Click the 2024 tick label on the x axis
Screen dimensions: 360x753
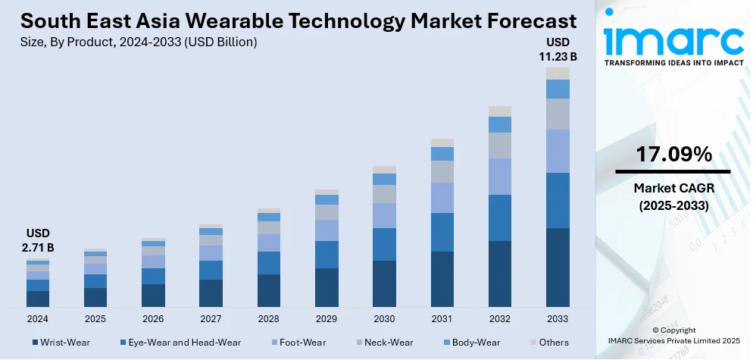38,318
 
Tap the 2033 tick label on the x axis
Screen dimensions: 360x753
558,318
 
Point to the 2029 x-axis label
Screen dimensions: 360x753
327,318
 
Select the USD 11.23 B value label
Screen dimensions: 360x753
559,49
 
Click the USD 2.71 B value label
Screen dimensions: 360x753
39,239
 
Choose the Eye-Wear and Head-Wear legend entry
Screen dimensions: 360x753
179,343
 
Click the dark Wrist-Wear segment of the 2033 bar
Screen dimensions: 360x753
558,267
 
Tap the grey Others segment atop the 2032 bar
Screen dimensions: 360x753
500,111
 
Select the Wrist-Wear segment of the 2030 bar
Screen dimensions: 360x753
384,283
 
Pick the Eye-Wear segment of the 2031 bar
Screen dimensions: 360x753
442,232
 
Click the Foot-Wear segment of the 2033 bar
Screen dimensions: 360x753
558,151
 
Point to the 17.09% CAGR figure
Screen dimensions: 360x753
673,155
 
